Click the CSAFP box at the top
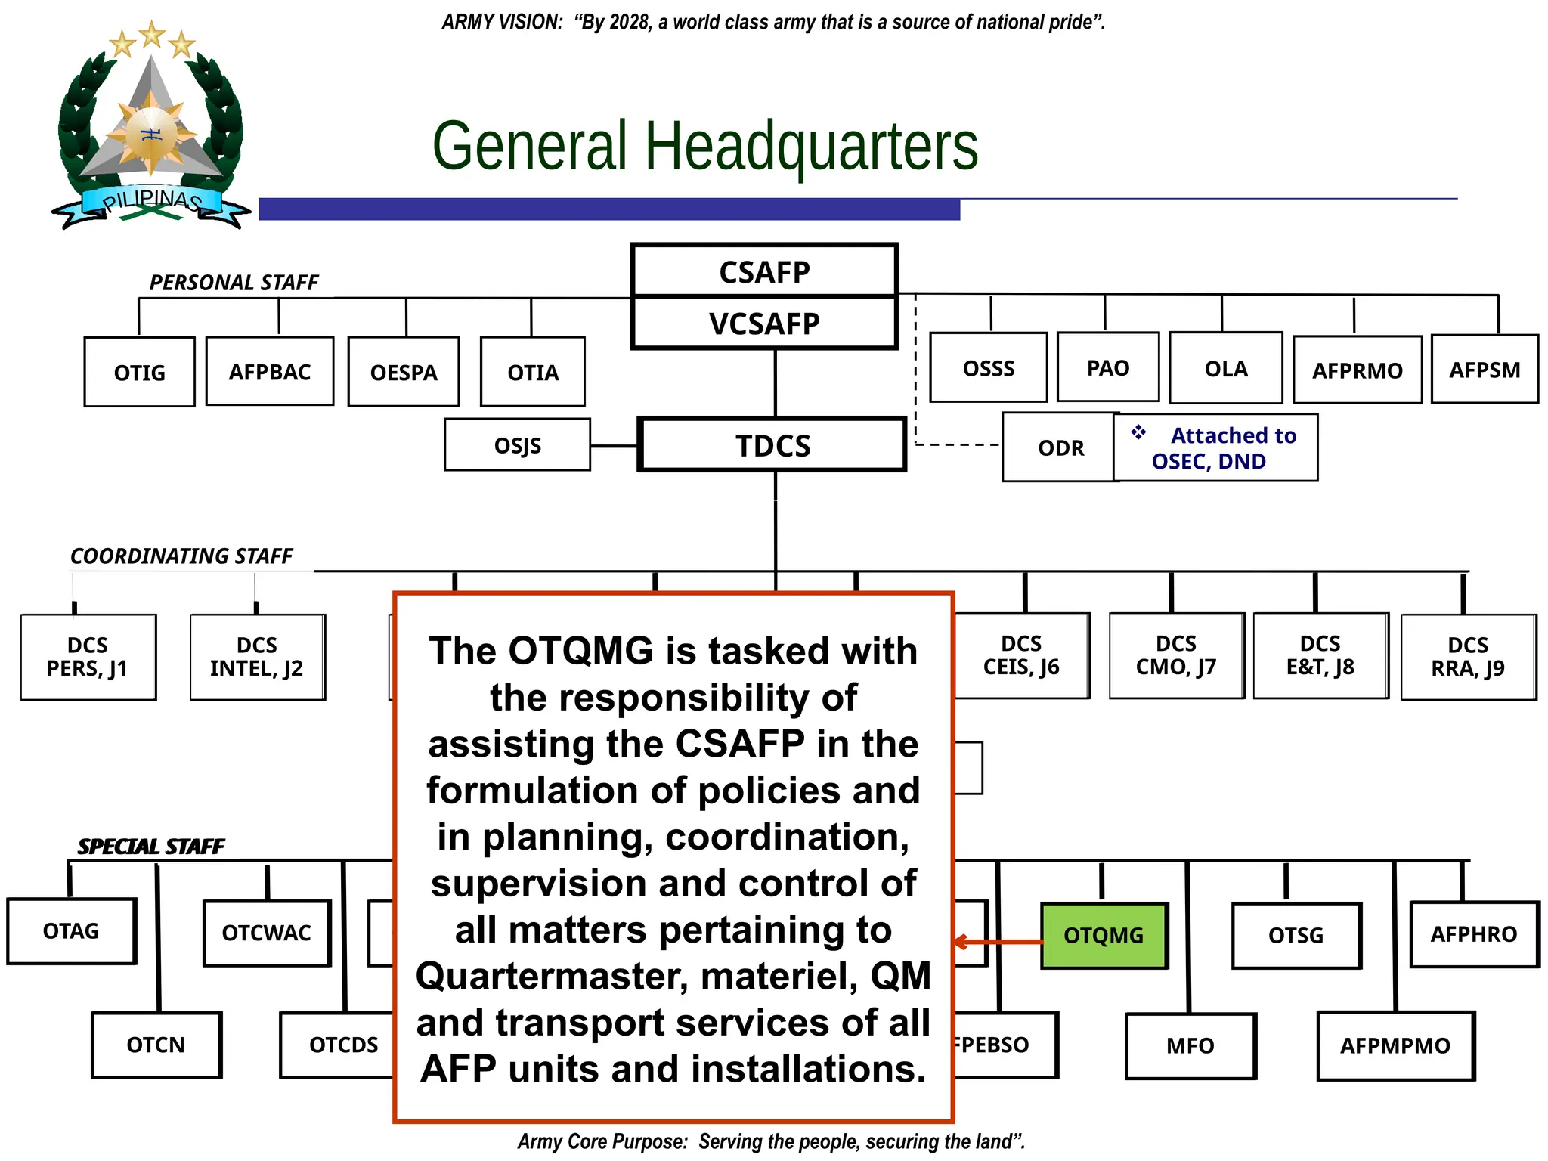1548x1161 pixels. (764, 271)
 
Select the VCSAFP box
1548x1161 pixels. (764, 324)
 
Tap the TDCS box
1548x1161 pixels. (772, 445)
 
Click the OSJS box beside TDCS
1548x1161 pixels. (518, 445)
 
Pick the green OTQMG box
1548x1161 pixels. (1104, 936)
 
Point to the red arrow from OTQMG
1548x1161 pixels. (998, 942)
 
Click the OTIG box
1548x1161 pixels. (140, 373)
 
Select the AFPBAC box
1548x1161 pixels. (270, 372)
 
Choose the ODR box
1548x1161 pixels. (1060, 447)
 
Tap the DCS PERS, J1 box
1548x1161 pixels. (88, 657)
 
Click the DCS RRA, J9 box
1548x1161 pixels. (1468, 657)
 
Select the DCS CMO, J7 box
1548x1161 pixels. (1176, 655)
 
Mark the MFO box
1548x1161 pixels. (1190, 1046)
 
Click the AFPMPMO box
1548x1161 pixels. (1395, 1046)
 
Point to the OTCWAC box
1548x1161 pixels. (267, 933)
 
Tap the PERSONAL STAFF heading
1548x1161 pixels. (234, 283)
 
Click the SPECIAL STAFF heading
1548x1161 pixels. (151, 847)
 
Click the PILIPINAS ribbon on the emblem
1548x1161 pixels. (151, 201)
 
